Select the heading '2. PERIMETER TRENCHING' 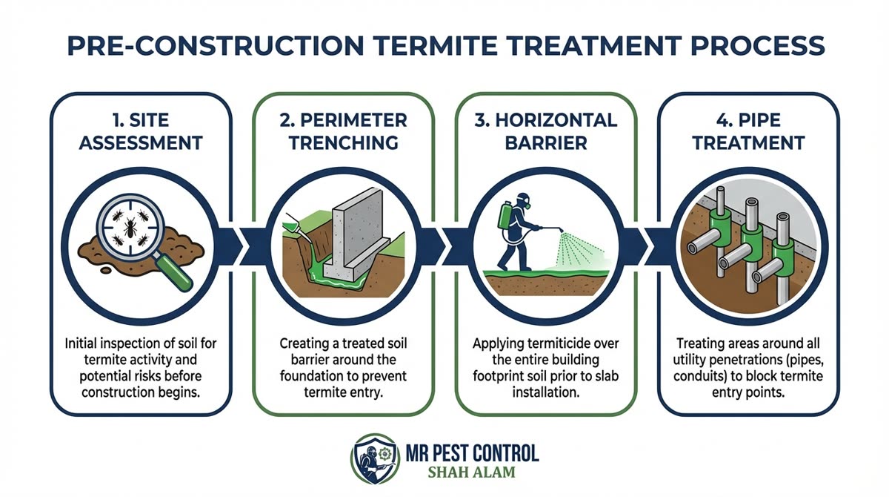tap(343, 131)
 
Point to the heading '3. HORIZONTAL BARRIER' tap(545, 131)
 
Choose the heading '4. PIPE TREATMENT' tap(748, 131)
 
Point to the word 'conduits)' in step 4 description tap(715, 377)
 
